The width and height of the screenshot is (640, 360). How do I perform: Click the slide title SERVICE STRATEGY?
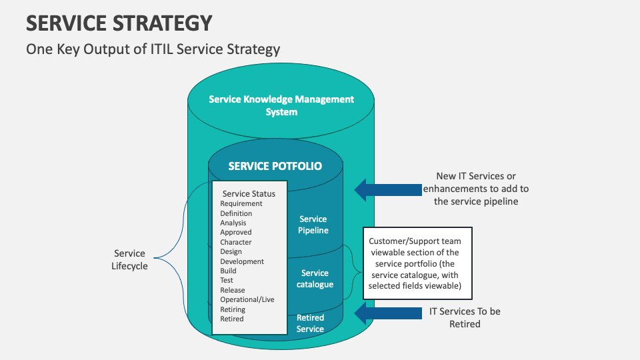pyautogui.click(x=119, y=23)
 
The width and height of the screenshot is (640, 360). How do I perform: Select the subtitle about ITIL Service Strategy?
pyautogui.click(x=153, y=49)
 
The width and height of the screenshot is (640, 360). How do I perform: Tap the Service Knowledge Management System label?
pyautogui.click(x=281, y=105)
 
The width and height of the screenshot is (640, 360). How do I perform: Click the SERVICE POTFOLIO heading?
pyautogui.click(x=275, y=166)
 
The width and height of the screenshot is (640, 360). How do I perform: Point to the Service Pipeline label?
pyautogui.click(x=313, y=225)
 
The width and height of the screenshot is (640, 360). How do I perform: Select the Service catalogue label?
pyautogui.click(x=315, y=279)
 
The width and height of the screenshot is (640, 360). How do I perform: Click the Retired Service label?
pyautogui.click(x=310, y=323)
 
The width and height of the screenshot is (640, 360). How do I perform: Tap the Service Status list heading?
pyautogui.click(x=249, y=194)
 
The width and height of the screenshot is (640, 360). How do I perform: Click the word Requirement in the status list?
pyautogui.click(x=241, y=204)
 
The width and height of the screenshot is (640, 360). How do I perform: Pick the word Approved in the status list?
pyautogui.click(x=236, y=233)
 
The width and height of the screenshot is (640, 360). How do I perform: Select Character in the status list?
pyautogui.click(x=236, y=242)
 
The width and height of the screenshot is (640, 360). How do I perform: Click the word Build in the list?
pyautogui.click(x=228, y=271)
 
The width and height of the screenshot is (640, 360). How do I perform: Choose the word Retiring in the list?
pyautogui.click(x=233, y=309)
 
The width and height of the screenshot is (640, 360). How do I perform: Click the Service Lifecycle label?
pyautogui.click(x=129, y=259)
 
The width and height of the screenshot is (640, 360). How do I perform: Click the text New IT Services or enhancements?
pyautogui.click(x=476, y=189)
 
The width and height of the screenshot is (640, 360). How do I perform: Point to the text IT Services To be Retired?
pyautogui.click(x=465, y=317)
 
